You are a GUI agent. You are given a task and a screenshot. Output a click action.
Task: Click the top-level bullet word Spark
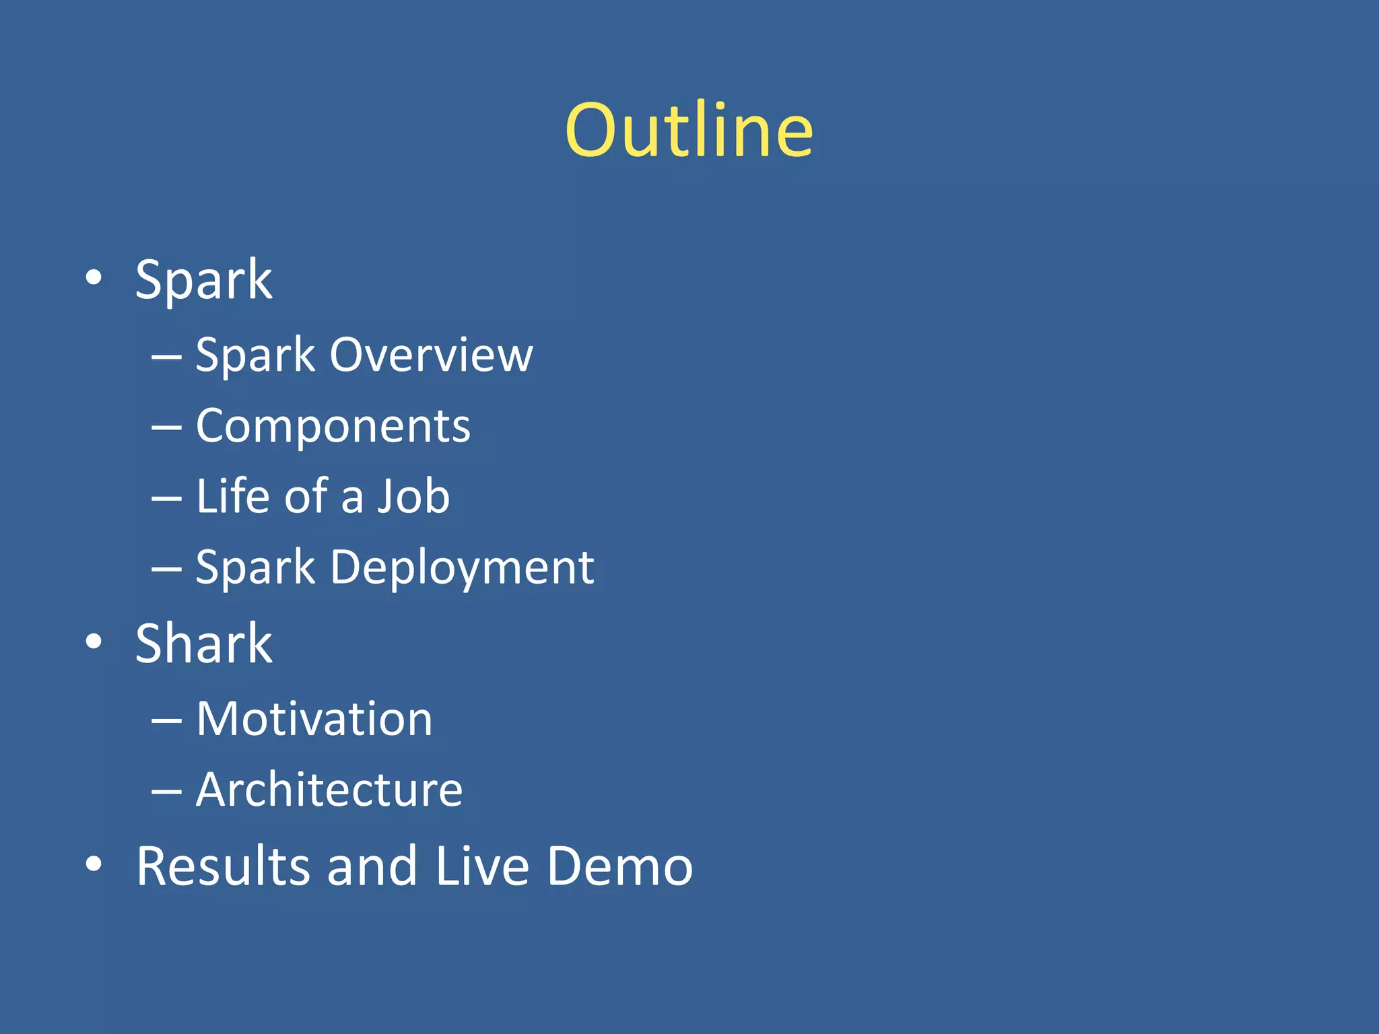coord(203,280)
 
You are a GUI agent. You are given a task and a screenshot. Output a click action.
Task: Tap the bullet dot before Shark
coord(94,642)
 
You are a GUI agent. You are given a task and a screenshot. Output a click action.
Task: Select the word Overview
coord(431,355)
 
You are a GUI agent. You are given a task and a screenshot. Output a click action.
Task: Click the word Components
coord(333,426)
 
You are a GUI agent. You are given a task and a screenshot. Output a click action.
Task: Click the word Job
coord(413,496)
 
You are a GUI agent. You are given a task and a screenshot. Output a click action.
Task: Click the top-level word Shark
coord(203,644)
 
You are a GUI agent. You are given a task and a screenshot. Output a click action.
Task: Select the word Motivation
coord(314,719)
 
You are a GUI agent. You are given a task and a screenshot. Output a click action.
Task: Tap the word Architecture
coord(329,790)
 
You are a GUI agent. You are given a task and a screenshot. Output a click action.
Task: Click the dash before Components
coord(166,427)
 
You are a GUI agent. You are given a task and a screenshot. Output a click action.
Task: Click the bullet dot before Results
coord(94,864)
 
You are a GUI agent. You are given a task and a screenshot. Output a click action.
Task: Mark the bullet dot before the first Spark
coord(94,277)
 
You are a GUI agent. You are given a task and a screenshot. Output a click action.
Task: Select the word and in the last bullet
coord(372,866)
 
